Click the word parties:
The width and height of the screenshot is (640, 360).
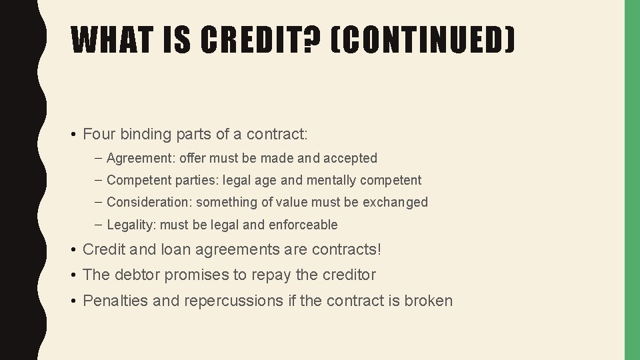[187, 180]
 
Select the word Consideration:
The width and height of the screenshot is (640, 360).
[149, 202]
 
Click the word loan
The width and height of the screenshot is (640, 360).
[173, 250]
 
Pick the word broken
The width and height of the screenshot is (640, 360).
[429, 301]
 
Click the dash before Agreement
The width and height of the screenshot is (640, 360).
[99, 159]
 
